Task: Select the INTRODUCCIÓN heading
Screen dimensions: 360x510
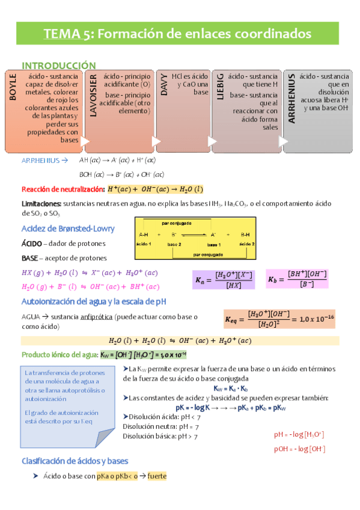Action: (59, 65)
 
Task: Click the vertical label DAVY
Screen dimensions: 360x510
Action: (163, 85)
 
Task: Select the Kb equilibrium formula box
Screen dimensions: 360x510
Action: (299, 278)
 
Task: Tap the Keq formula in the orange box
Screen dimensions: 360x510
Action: (279, 316)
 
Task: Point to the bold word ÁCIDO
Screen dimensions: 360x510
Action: (31, 244)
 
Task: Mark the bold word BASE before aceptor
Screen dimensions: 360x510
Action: (30, 258)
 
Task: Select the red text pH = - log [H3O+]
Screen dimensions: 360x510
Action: (299, 434)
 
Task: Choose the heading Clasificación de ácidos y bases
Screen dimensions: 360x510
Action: (75, 462)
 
